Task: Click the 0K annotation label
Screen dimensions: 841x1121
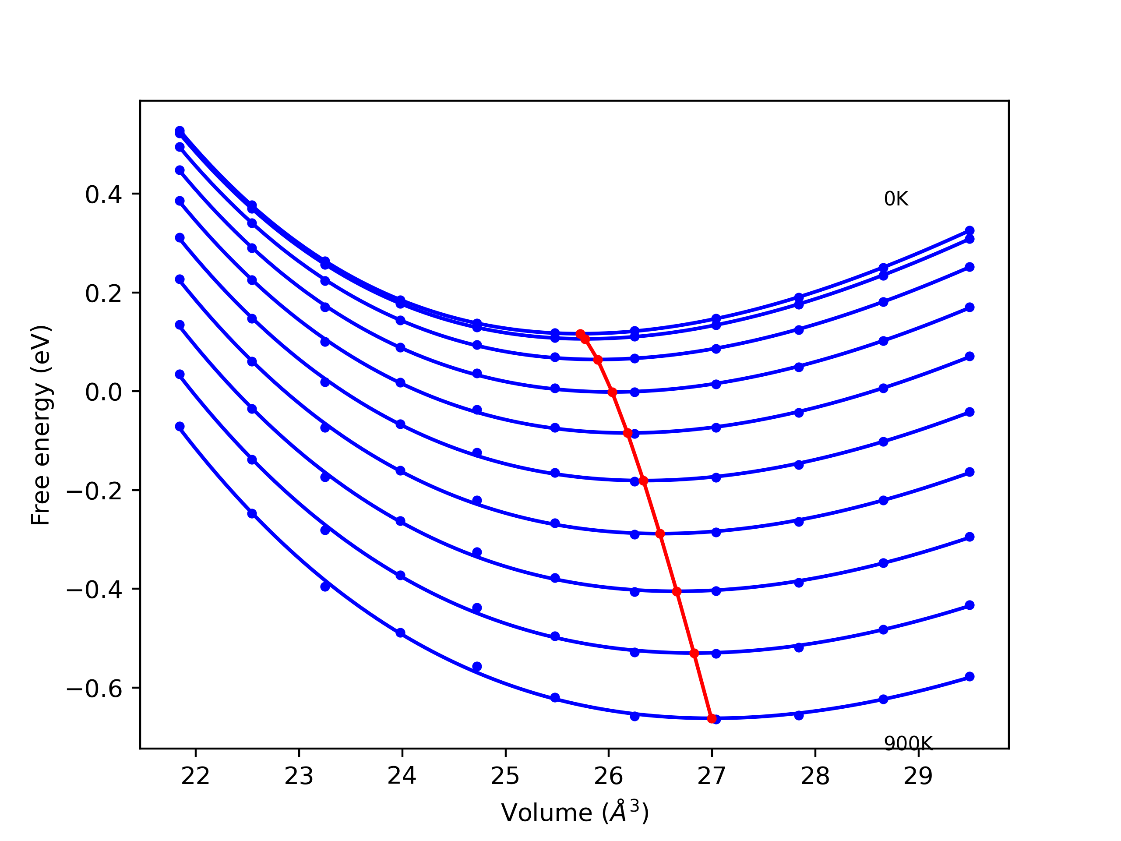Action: point(896,199)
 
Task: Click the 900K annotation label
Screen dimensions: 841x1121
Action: point(908,744)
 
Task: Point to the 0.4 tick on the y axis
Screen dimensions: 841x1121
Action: point(103,194)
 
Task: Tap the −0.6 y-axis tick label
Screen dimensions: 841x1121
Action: point(95,689)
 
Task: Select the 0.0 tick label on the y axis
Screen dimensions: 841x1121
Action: point(103,392)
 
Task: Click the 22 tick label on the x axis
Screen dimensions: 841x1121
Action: point(196,777)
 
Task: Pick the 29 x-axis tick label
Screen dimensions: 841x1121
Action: point(918,777)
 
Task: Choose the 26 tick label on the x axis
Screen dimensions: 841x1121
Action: point(609,777)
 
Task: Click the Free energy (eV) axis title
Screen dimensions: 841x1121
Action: point(41,425)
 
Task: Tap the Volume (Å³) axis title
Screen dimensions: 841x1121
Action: point(575,813)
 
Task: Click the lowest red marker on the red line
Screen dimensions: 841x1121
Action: point(712,718)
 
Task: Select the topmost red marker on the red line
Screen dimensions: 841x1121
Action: point(580,334)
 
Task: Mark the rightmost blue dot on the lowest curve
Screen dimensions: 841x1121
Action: point(969,676)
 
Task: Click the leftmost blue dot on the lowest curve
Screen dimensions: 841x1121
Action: point(180,426)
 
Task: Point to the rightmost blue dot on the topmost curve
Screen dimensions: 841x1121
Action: point(969,231)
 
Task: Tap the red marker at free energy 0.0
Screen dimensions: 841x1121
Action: point(612,392)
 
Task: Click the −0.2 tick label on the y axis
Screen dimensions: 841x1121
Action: point(95,491)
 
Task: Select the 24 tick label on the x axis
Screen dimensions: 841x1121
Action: point(402,777)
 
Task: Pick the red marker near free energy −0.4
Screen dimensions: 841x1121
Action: point(677,592)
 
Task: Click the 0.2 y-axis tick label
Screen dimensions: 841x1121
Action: point(103,293)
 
